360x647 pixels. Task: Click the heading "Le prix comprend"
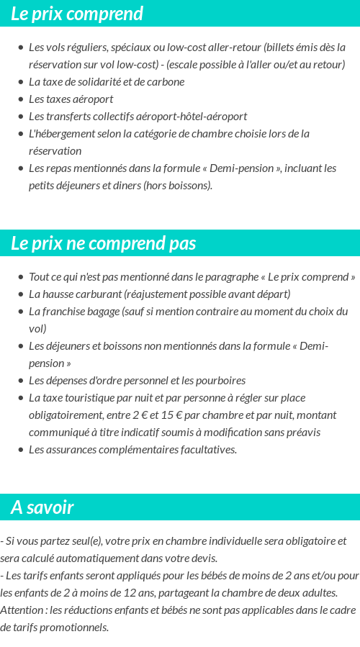click(77, 14)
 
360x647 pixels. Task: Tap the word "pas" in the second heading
click(183, 243)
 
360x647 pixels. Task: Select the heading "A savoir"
click(42, 507)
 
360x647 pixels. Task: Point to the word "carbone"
click(166, 82)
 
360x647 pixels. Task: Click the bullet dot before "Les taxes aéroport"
click(20, 99)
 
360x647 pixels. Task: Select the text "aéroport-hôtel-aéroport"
click(190, 117)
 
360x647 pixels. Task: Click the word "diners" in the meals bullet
click(127, 186)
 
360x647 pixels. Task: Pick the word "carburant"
click(99, 294)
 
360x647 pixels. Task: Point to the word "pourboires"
click(220, 381)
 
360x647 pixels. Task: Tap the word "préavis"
click(302, 433)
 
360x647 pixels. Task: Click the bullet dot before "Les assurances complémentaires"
click(20, 450)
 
